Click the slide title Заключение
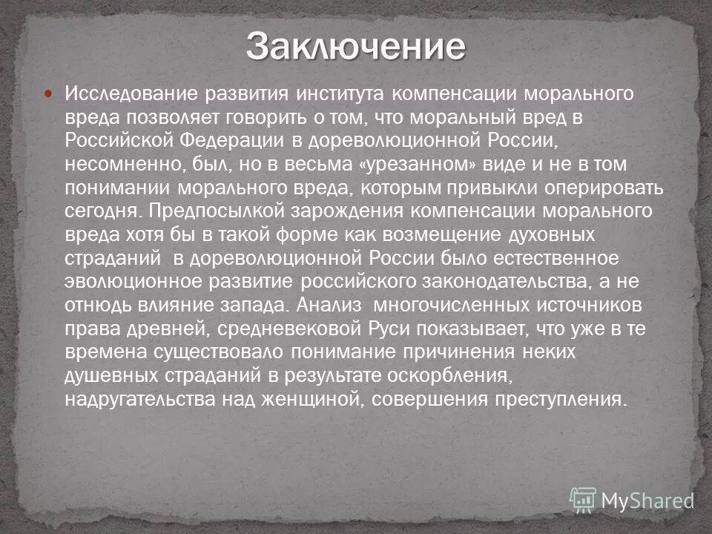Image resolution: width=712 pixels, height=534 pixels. click(356, 47)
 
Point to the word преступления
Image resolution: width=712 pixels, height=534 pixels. click(558, 399)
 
